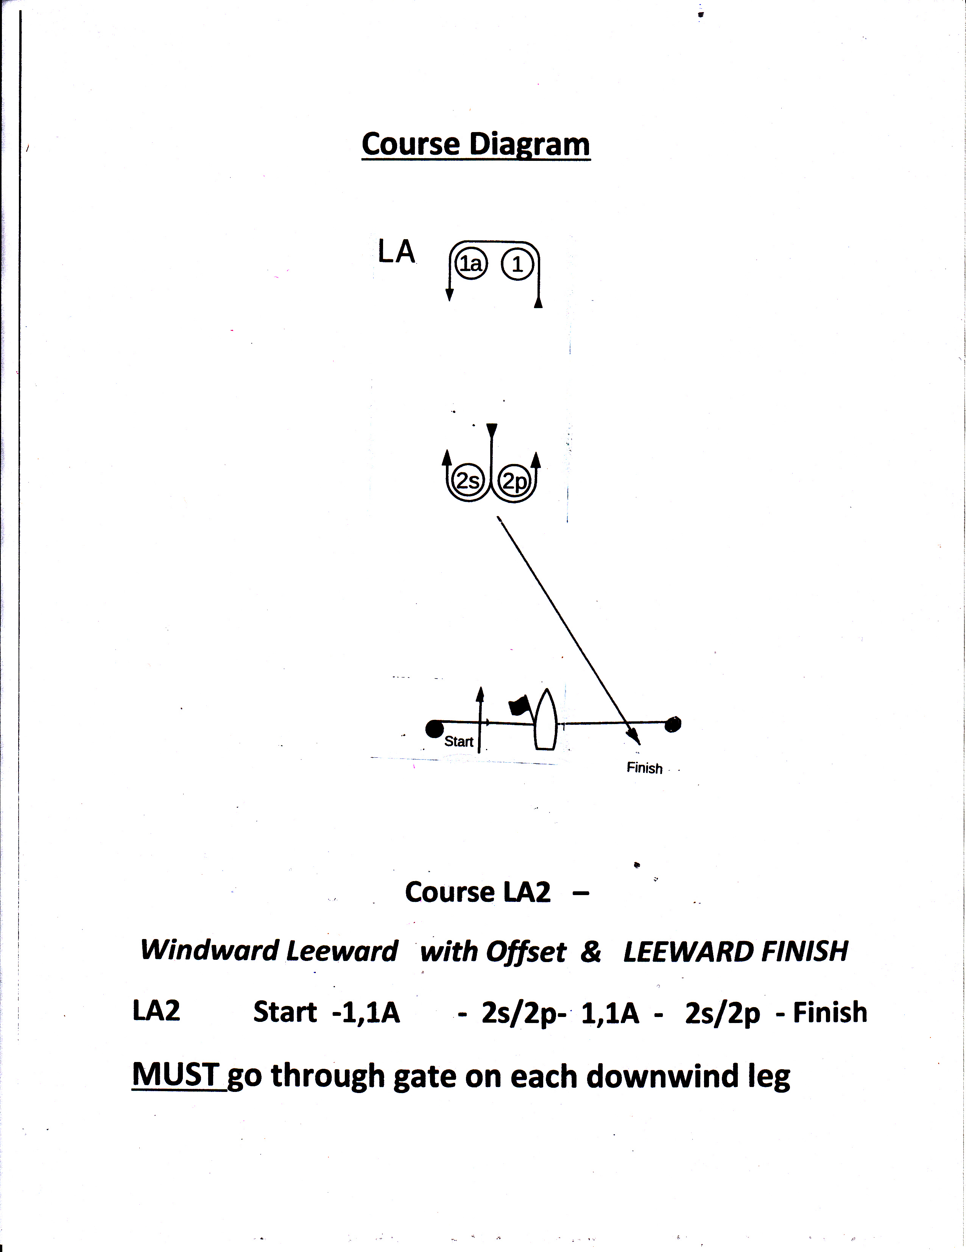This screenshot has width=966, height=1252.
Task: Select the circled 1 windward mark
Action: pyautogui.click(x=517, y=265)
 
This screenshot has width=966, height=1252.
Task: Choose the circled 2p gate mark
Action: pyautogui.click(x=514, y=481)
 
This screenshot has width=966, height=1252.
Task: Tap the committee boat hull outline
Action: pyautogui.click(x=545, y=722)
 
